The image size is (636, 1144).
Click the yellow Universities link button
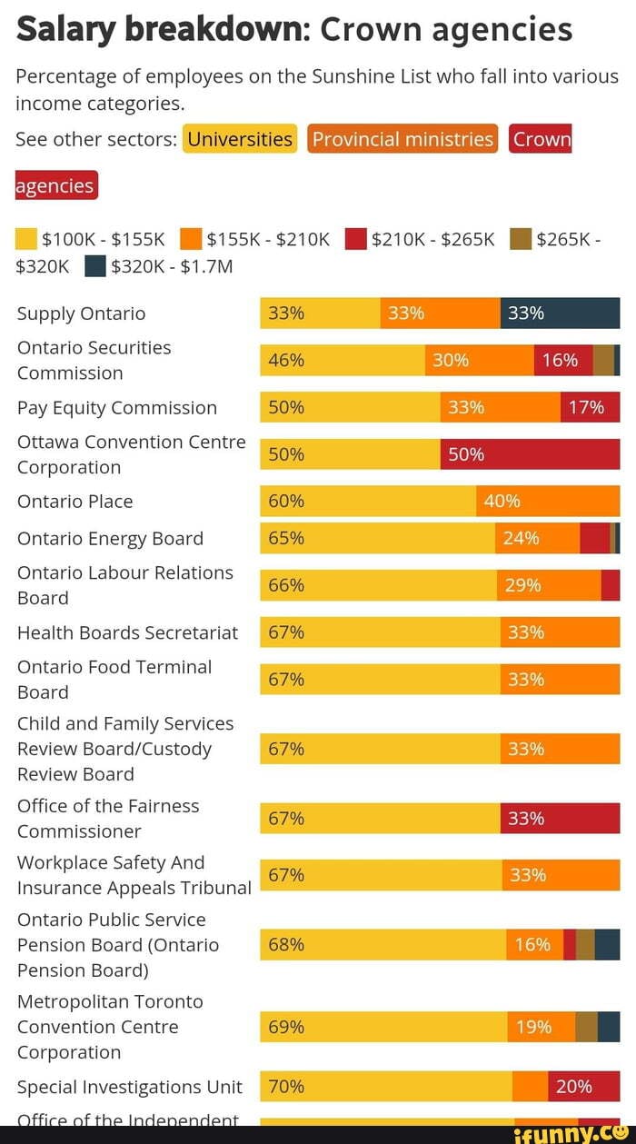pyautogui.click(x=240, y=139)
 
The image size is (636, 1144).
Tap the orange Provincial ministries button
pyautogui.click(x=402, y=139)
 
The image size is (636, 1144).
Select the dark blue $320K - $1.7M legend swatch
pyautogui.click(x=95, y=266)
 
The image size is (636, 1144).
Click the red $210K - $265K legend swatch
pyautogui.click(x=355, y=239)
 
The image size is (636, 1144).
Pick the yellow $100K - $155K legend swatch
pyautogui.click(x=26, y=239)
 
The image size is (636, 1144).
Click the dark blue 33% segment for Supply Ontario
pyautogui.click(x=560, y=313)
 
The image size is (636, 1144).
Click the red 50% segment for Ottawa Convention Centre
pyautogui.click(x=530, y=454)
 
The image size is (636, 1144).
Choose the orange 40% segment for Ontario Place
pyautogui.click(x=548, y=502)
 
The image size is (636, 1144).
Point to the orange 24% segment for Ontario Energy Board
pyautogui.click(x=537, y=539)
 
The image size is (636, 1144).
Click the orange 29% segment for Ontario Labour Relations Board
pyautogui.click(x=548, y=586)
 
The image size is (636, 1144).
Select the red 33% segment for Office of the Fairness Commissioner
pyautogui.click(x=560, y=819)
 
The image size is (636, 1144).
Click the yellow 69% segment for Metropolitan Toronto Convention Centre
pyautogui.click(x=383, y=1028)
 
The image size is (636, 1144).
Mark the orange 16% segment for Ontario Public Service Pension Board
pyautogui.click(x=534, y=945)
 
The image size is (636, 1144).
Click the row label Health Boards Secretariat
pyautogui.click(x=127, y=632)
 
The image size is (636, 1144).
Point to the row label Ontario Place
pyautogui.click(x=75, y=502)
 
